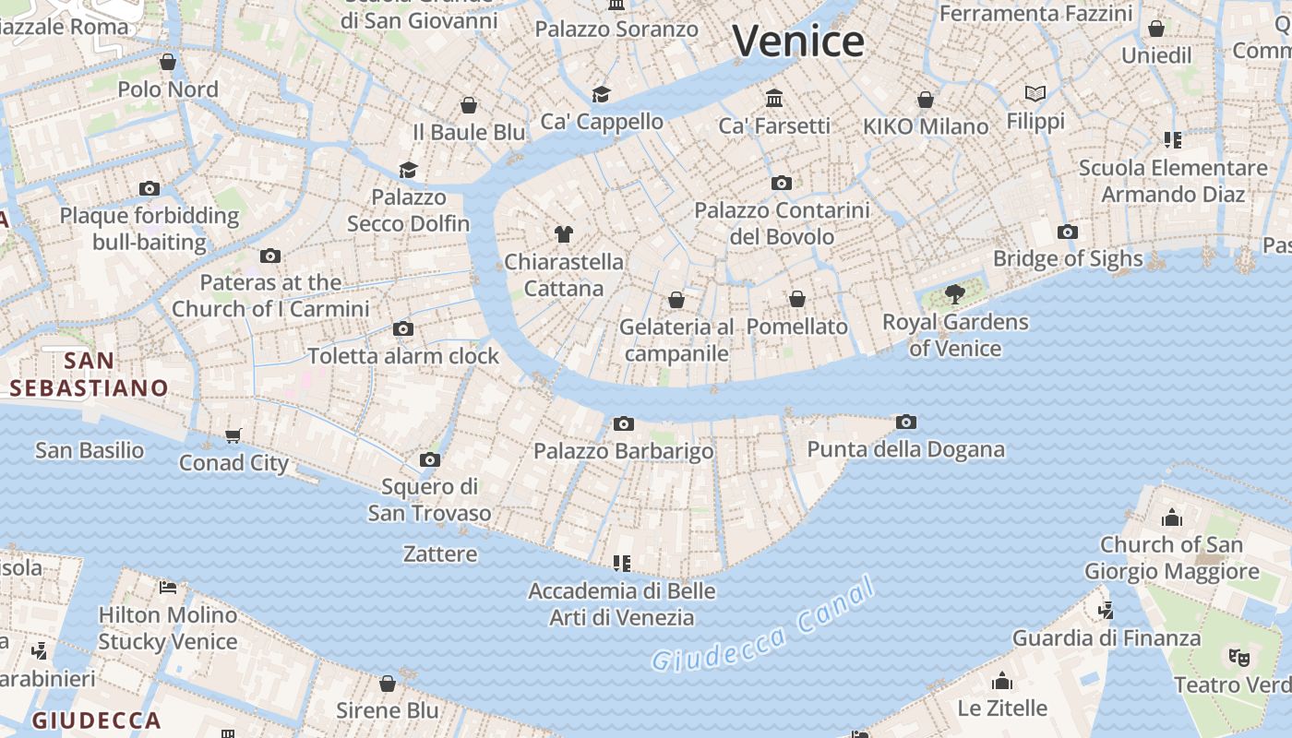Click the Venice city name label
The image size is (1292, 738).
(798, 41)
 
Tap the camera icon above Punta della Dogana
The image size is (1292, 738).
(906, 422)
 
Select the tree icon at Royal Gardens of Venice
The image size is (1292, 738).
(955, 294)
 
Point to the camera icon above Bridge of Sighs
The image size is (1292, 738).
(1068, 232)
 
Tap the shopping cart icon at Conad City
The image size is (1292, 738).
(233, 435)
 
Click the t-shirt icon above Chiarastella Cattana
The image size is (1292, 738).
(563, 234)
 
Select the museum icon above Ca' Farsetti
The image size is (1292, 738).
(774, 98)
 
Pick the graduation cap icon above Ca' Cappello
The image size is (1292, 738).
(602, 94)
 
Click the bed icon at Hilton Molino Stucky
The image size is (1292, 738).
(168, 587)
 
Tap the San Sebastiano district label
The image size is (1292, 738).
(90, 374)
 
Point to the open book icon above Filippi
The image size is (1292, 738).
(1035, 94)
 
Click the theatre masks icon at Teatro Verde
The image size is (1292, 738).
(1238, 657)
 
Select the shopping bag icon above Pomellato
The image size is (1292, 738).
(797, 299)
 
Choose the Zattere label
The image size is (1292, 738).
(440, 553)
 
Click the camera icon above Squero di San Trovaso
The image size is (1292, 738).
(429, 459)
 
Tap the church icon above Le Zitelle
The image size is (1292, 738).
(1002, 682)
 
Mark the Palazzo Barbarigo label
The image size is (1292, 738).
(624, 451)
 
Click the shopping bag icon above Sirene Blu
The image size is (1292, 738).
(388, 684)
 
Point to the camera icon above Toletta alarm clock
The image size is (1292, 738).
(403, 328)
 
